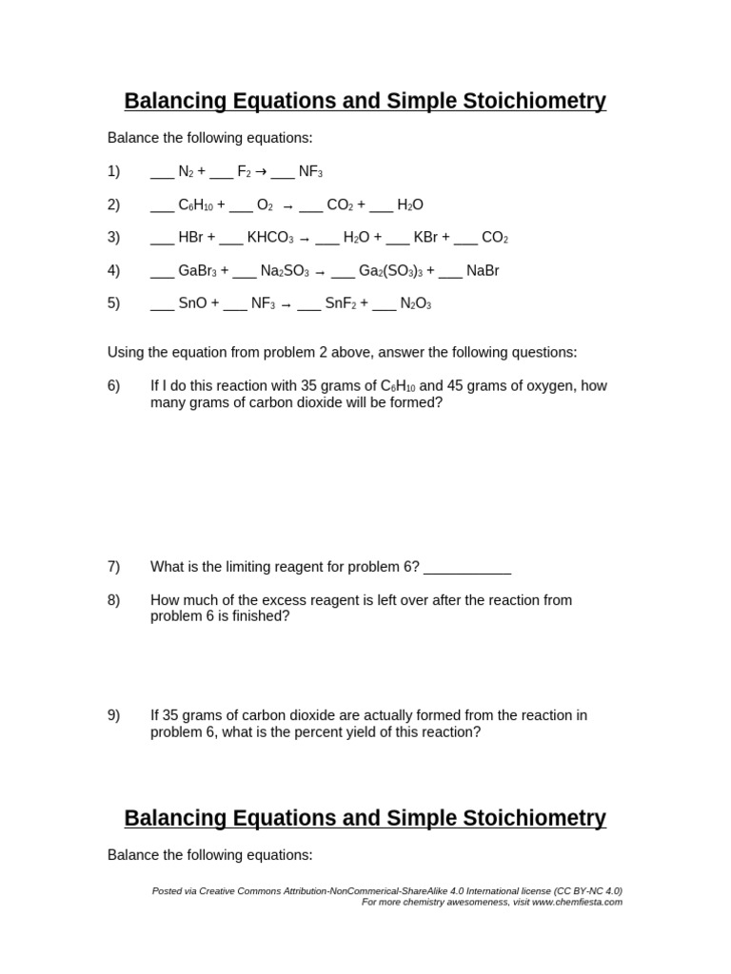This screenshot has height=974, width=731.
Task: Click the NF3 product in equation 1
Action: [x=310, y=172]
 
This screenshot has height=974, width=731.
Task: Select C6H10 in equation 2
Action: [x=195, y=205]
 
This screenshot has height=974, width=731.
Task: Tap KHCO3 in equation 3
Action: [x=270, y=238]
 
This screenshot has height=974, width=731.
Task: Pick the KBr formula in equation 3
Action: [x=425, y=238]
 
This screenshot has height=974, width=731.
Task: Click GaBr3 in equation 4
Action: [x=197, y=271]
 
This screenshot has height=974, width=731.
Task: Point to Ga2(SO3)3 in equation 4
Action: [x=390, y=271]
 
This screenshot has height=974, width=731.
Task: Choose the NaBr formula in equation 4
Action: [x=483, y=271]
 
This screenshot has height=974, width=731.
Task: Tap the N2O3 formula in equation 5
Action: [x=415, y=304]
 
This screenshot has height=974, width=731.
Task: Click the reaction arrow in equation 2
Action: [x=287, y=206]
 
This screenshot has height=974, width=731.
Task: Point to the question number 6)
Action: [x=114, y=386]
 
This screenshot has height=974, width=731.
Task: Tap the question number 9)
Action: [x=114, y=715]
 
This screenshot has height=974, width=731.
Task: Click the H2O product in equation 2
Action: [x=410, y=205]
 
